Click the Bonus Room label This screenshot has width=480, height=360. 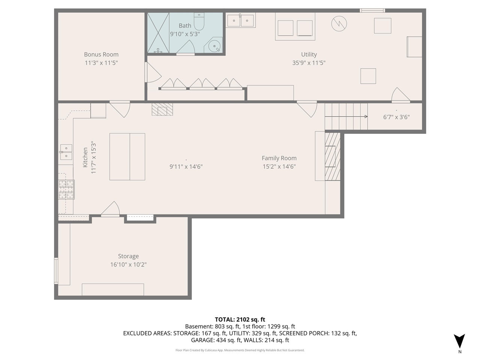(101, 55)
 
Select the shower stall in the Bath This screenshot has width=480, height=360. (158, 33)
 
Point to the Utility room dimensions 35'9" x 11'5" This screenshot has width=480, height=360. (309, 63)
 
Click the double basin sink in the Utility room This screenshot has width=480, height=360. (240, 20)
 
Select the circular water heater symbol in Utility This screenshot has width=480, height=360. (339, 24)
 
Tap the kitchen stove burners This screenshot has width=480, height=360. (66, 189)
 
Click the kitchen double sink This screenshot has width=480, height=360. (66, 152)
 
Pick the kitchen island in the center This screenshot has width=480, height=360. (127, 157)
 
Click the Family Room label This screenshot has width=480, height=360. (279, 158)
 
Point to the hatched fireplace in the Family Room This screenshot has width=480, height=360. (332, 156)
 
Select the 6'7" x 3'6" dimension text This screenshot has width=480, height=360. (396, 117)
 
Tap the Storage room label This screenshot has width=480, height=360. (128, 256)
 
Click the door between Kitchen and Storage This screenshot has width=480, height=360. (110, 210)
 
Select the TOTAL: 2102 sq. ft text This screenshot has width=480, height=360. (240, 319)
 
